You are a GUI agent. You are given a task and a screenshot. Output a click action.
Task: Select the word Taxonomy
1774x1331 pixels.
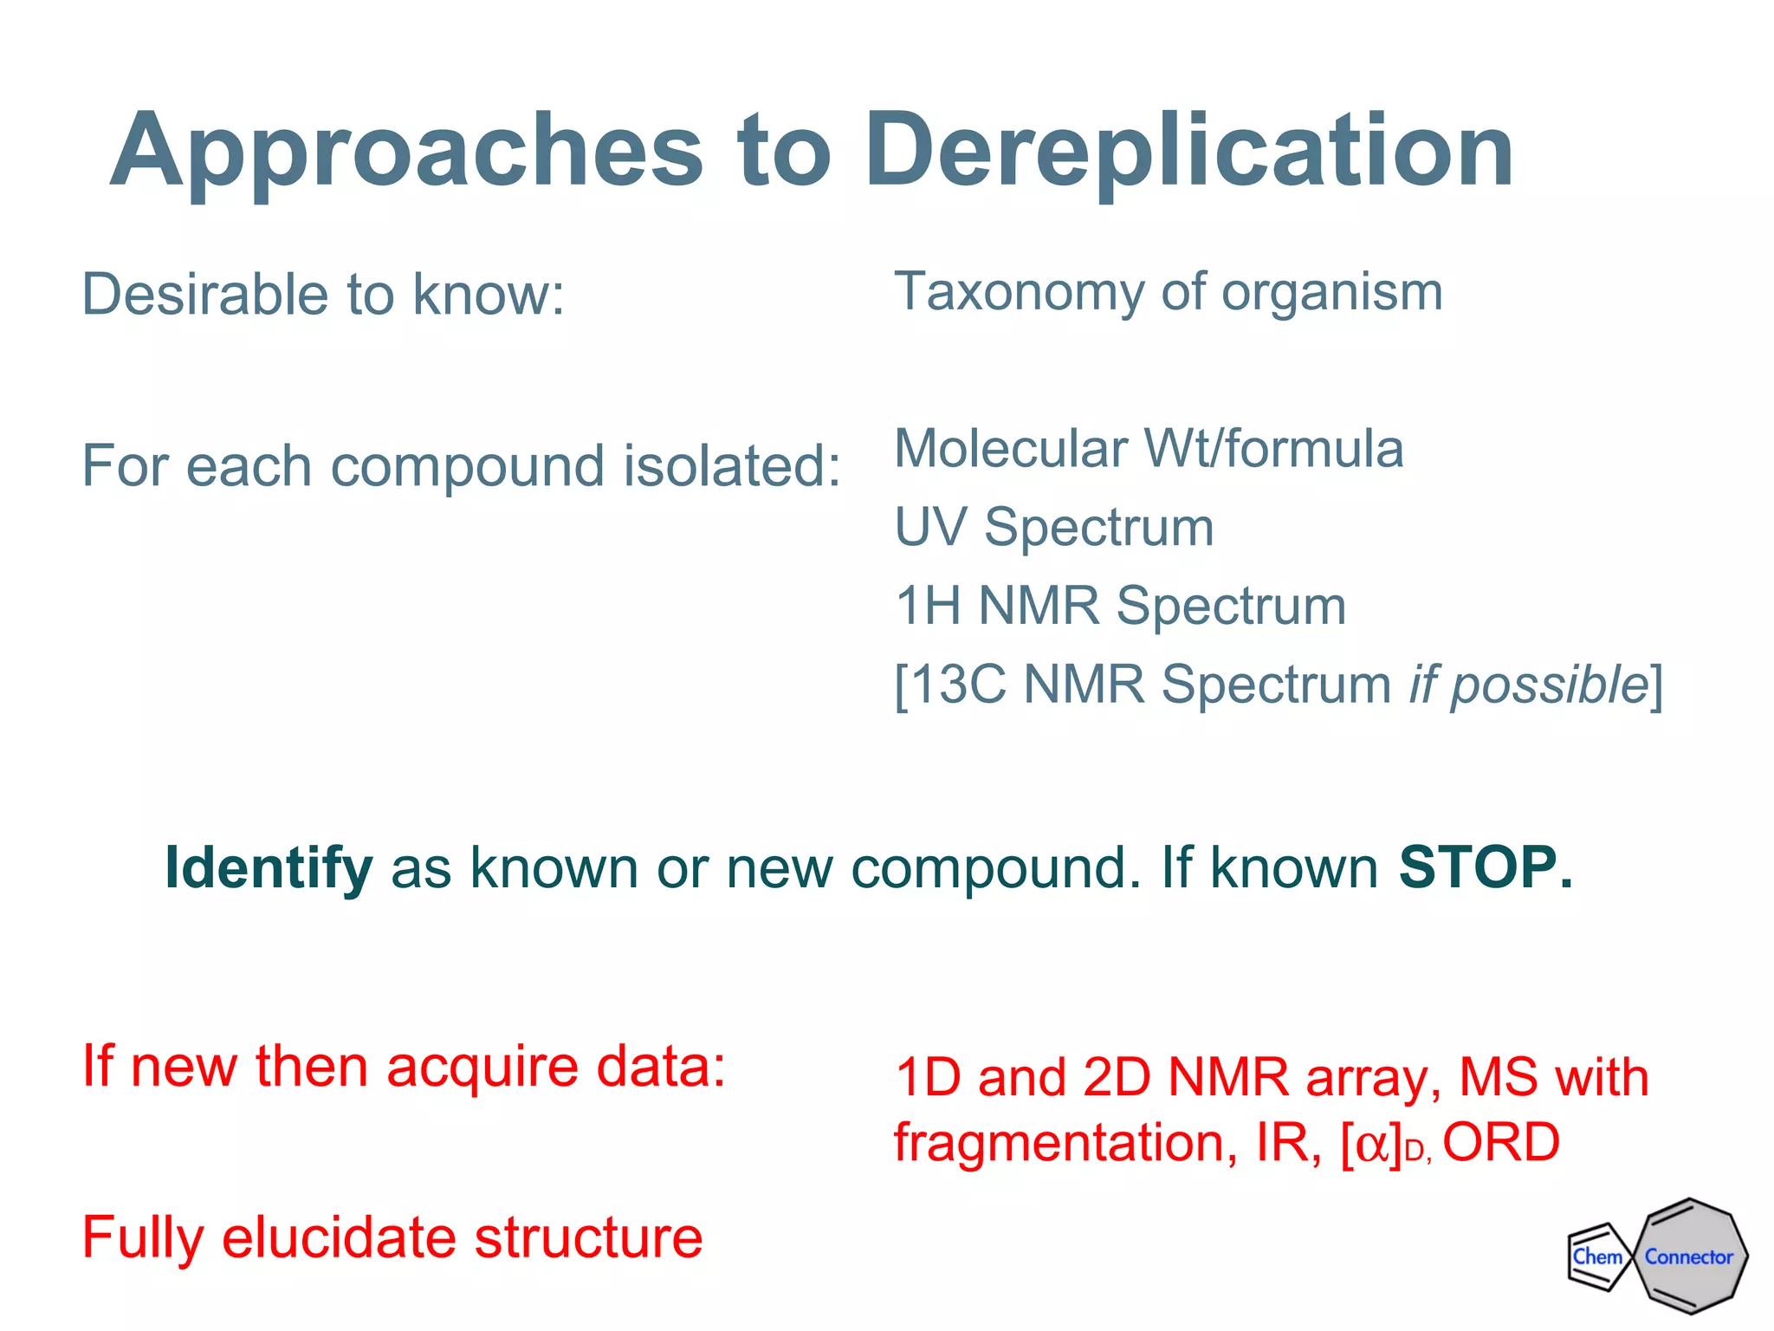pyautogui.click(x=1019, y=293)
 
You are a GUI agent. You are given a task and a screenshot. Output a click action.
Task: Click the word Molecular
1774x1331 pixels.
pyautogui.click(x=1009, y=449)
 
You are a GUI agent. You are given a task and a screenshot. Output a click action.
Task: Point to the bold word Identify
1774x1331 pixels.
pyautogui.click(x=269, y=868)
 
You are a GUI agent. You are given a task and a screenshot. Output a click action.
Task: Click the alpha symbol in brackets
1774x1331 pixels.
pyautogui.click(x=1372, y=1146)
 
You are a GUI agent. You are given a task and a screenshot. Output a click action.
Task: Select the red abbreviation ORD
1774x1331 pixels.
pyautogui.click(x=1501, y=1142)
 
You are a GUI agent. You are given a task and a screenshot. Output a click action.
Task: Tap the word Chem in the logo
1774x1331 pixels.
pyautogui.click(x=1596, y=1256)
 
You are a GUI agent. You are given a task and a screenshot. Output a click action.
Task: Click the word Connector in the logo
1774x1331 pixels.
pyautogui.click(x=1688, y=1257)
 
